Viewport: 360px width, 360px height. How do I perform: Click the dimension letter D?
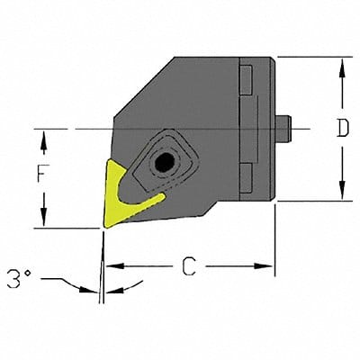pyautogui.click(x=342, y=129)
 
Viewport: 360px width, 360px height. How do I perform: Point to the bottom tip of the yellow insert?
pyautogui.click(x=103, y=224)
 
